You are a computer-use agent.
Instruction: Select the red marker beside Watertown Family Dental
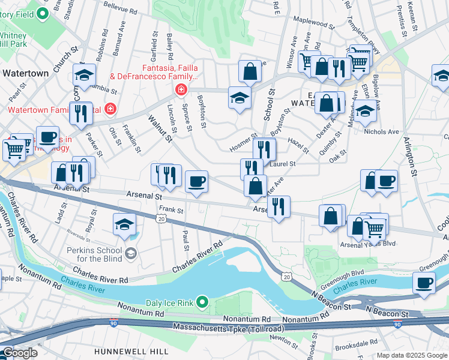(109, 109)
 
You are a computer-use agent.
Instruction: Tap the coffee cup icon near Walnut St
(196, 182)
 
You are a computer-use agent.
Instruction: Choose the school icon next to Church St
(85, 75)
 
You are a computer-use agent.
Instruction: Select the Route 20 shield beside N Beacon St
(287, 277)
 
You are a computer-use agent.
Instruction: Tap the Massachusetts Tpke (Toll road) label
(229, 328)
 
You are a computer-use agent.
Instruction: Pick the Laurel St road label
(284, 164)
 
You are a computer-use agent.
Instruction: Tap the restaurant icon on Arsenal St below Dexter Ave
(278, 207)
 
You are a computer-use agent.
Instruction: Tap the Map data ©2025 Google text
(412, 355)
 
